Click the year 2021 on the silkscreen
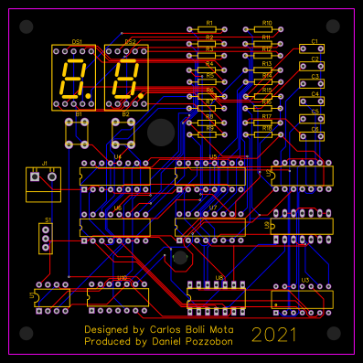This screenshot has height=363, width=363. point(274,334)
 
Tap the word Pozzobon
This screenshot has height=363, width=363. point(206,341)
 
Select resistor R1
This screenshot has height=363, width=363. point(208,29)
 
